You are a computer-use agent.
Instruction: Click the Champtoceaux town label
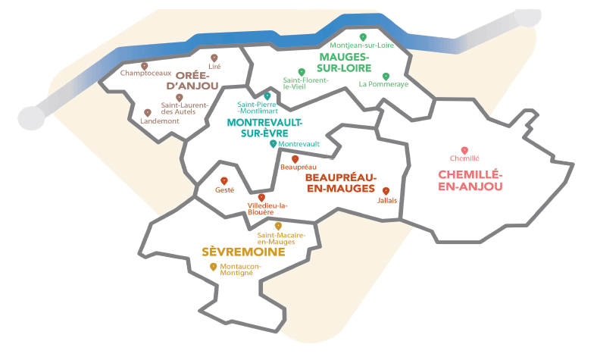[x=145, y=74]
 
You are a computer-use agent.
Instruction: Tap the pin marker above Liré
[x=214, y=58]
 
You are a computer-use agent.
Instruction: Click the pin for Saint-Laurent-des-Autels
[x=180, y=97]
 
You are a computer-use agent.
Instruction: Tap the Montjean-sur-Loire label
[x=363, y=45]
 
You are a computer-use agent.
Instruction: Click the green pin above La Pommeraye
[x=385, y=76]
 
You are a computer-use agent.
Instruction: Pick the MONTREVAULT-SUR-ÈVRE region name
[x=264, y=127]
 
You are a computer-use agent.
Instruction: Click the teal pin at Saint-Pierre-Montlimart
[x=267, y=96]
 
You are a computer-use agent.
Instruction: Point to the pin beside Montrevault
[x=273, y=142]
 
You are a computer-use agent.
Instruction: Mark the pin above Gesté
[x=224, y=180]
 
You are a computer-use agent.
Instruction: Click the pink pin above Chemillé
[x=464, y=150]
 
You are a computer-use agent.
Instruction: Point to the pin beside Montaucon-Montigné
[x=214, y=266]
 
